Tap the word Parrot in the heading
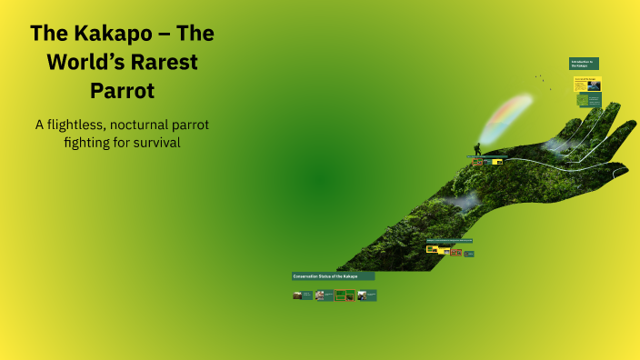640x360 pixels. (x=123, y=92)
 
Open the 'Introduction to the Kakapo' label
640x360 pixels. (x=584, y=64)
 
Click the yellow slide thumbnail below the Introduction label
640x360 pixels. (x=585, y=84)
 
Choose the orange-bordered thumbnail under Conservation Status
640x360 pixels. (x=345, y=295)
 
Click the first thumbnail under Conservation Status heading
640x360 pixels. (x=303, y=295)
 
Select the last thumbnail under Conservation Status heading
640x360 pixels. (x=366, y=295)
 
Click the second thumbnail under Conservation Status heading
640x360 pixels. (x=325, y=295)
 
